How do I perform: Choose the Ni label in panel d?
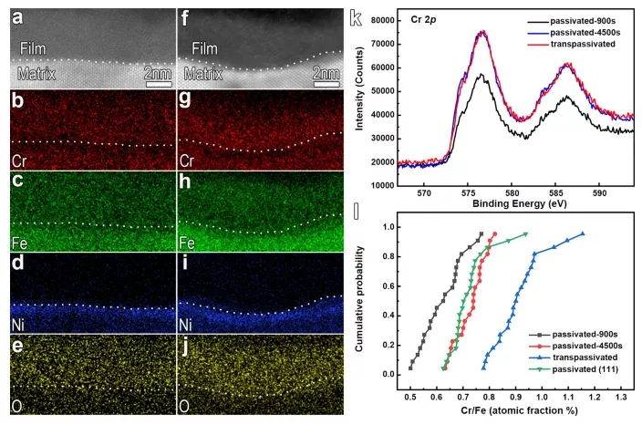pyautogui.click(x=17, y=322)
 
